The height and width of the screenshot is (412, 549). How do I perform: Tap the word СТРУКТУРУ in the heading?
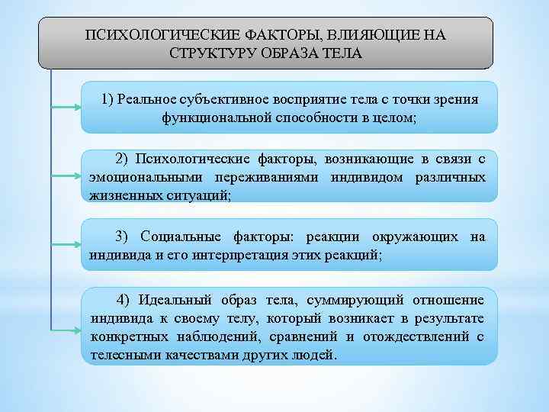tap(215, 54)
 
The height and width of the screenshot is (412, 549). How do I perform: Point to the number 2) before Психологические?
tap(123, 159)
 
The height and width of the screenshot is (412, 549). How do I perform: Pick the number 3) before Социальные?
tap(123, 237)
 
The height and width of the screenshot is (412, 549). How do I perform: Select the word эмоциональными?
tap(137, 177)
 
